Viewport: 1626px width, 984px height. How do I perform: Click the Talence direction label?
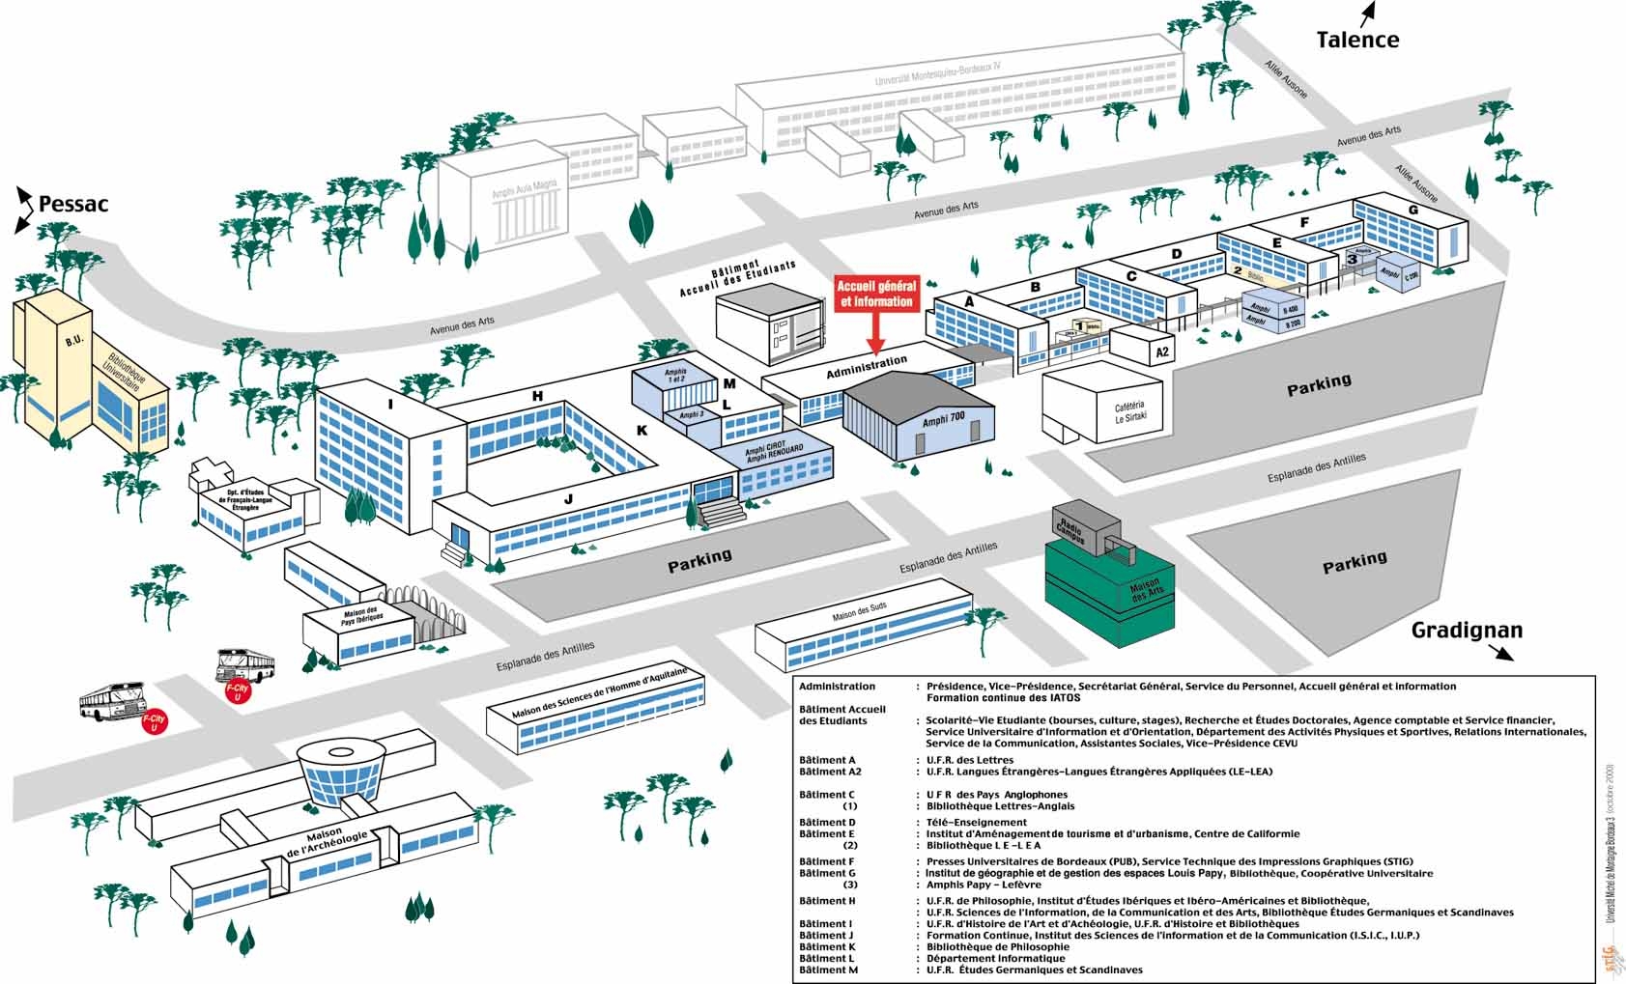[x=1357, y=40]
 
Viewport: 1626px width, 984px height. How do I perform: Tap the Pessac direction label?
[x=73, y=204]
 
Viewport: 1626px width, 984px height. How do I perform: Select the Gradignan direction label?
[x=1467, y=631]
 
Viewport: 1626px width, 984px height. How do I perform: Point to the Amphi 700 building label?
[x=943, y=417]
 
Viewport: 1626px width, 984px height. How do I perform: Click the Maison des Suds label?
[x=859, y=612]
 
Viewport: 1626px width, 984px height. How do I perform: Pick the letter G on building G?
[x=1413, y=210]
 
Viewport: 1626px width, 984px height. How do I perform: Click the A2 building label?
[x=1162, y=352]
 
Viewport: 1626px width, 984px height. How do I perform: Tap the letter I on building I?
[x=390, y=405]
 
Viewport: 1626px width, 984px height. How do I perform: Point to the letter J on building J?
[x=568, y=498]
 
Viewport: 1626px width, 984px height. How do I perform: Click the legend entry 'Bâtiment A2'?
[x=830, y=772]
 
